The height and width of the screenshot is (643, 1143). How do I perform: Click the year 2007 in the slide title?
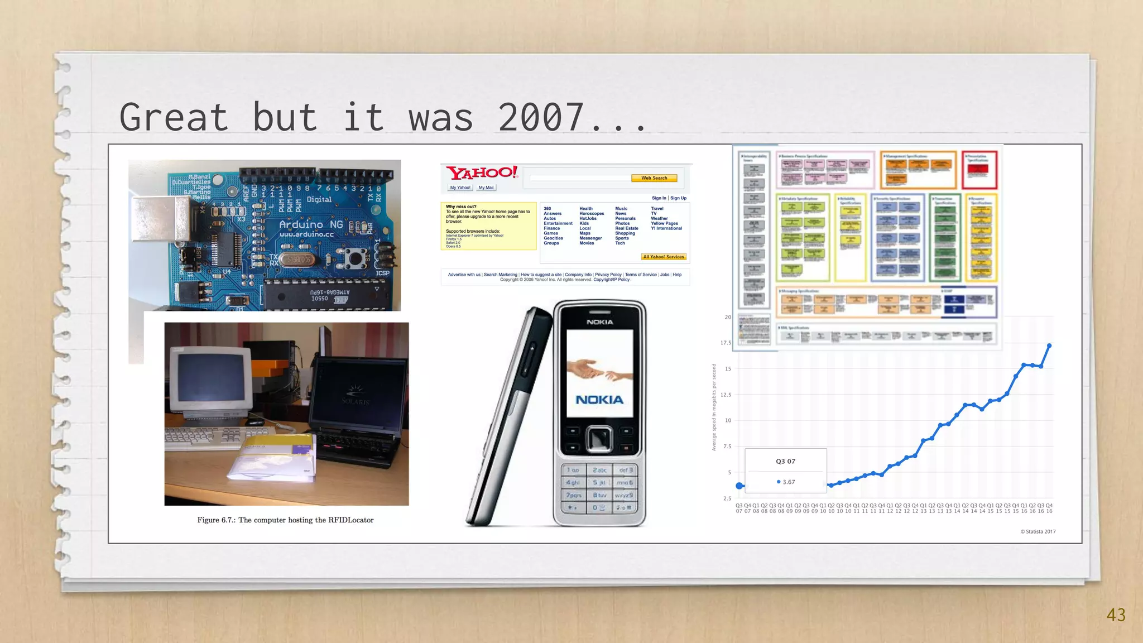pyautogui.click(x=540, y=117)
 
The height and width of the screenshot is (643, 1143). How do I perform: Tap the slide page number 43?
pyautogui.click(x=1116, y=615)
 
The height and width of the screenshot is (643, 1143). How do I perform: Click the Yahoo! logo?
pyautogui.click(x=482, y=173)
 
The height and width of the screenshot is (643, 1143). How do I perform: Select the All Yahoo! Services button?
pyautogui.click(x=663, y=257)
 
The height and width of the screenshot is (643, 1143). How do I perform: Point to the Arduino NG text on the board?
pyautogui.click(x=311, y=224)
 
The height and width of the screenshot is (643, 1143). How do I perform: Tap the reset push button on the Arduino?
pyautogui.click(x=353, y=258)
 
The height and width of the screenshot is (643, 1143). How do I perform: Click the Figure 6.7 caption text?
pyautogui.click(x=285, y=520)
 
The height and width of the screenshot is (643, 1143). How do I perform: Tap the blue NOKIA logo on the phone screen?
pyautogui.click(x=599, y=400)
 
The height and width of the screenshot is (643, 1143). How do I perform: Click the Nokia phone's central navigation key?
pyautogui.click(x=599, y=439)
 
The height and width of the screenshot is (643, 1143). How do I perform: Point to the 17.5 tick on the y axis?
pyautogui.click(x=726, y=343)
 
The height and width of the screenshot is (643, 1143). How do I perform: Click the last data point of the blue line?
pyautogui.click(x=1049, y=346)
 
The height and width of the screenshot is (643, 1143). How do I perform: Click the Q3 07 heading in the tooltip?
pyautogui.click(x=785, y=461)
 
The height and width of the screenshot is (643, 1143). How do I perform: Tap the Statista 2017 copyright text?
pyautogui.click(x=1038, y=531)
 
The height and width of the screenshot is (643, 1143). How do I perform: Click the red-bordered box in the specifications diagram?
pyautogui.click(x=979, y=170)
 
